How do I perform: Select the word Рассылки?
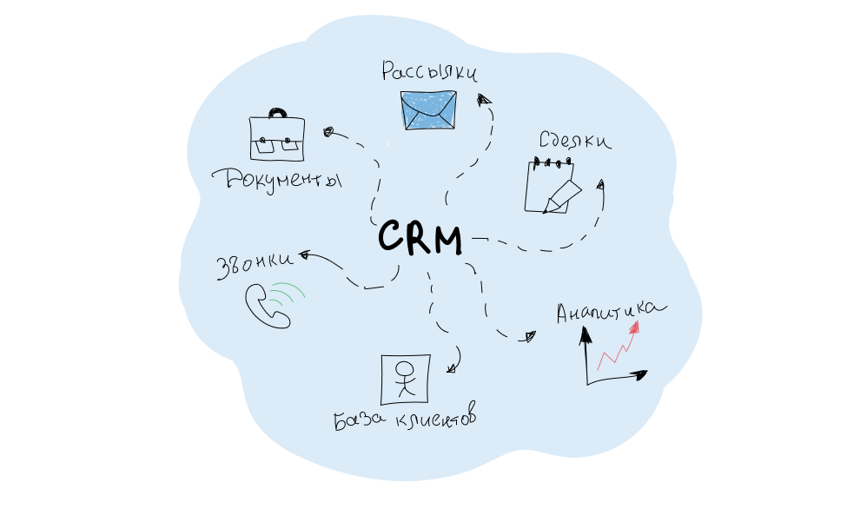429,71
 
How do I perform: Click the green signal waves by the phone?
287,297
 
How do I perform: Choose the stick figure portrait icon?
405,377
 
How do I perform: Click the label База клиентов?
406,422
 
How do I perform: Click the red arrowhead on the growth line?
635,327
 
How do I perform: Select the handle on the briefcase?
277,113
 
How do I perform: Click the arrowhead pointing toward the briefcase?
328,132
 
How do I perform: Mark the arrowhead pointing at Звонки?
305,255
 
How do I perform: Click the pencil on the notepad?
560,195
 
